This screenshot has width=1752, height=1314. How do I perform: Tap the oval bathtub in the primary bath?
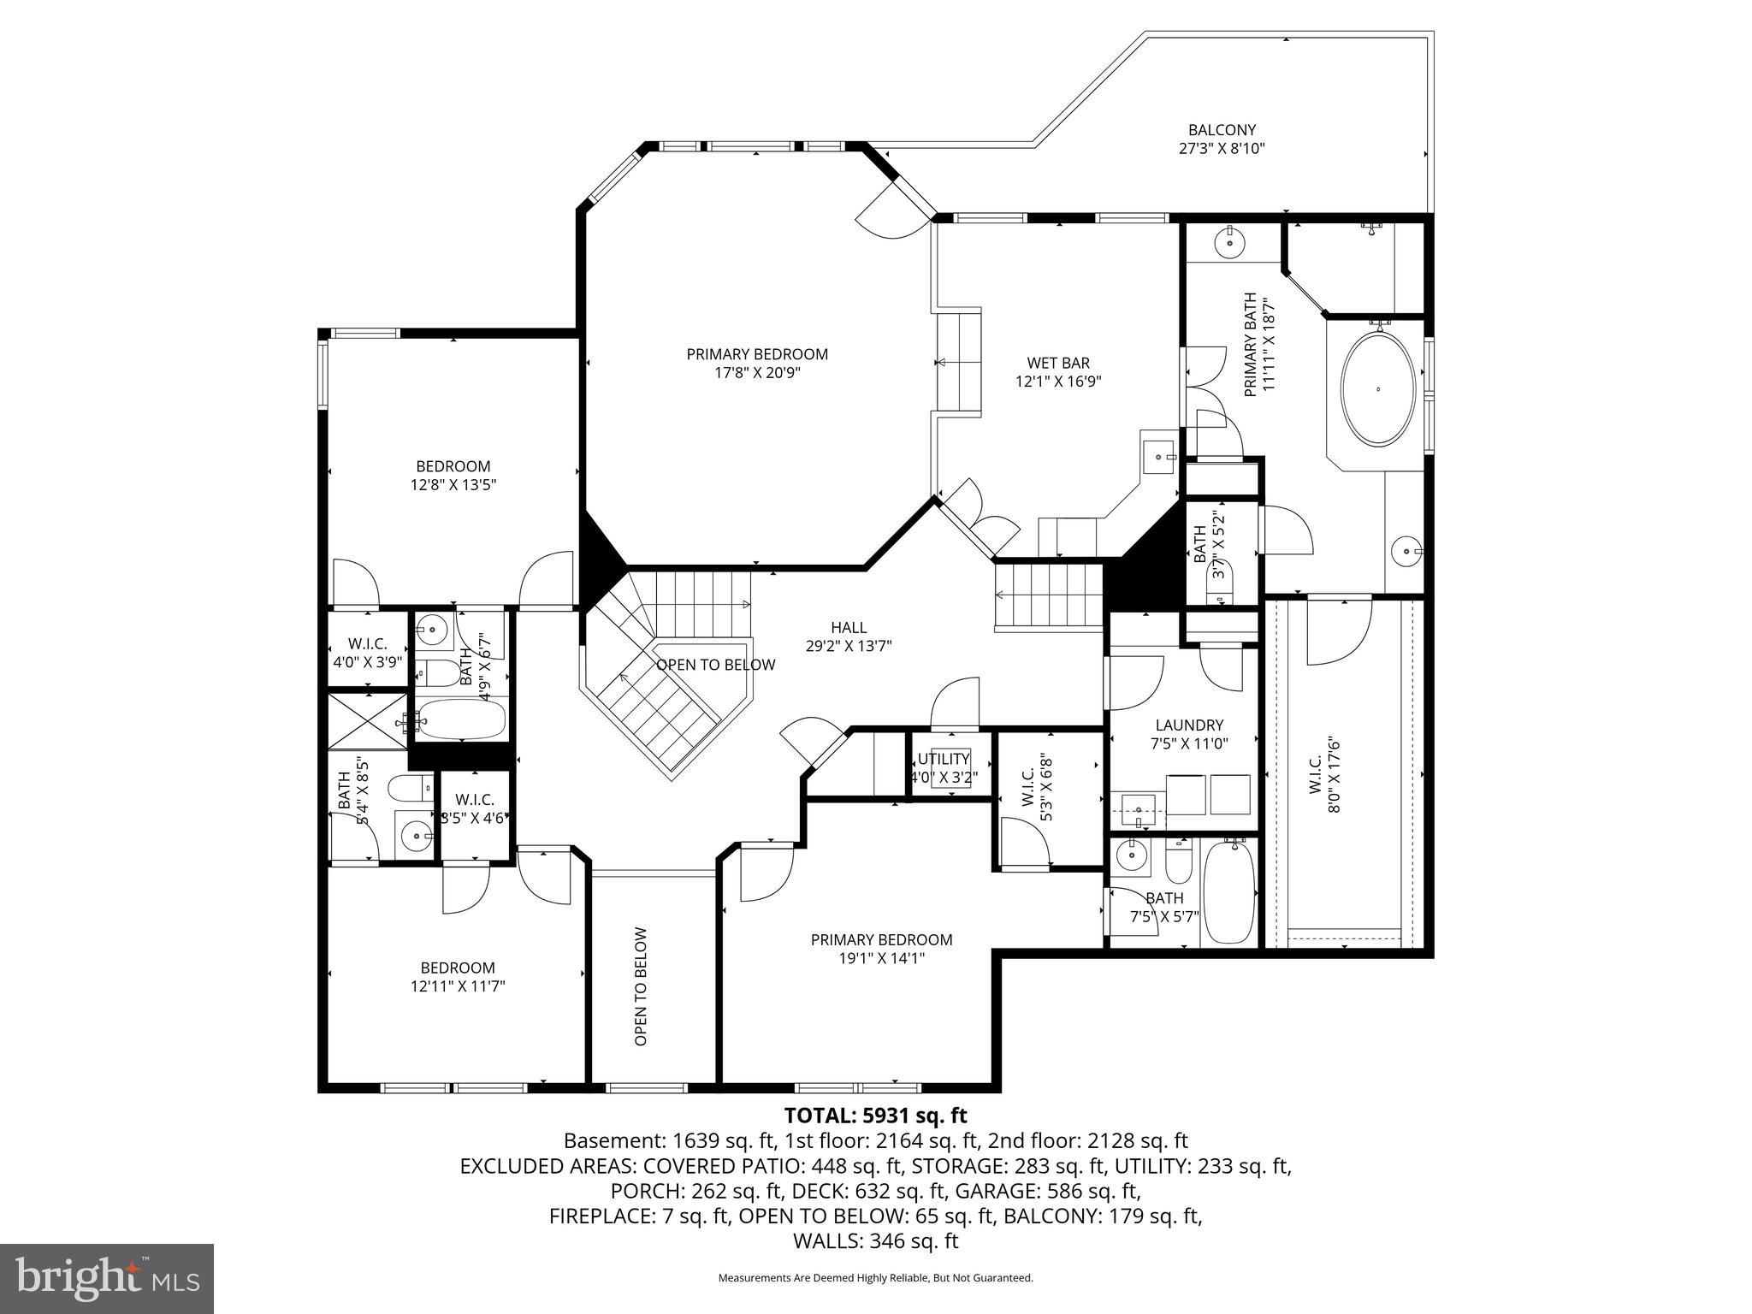point(1377,388)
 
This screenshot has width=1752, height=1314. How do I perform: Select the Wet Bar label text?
point(1058,364)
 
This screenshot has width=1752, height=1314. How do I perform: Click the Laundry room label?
point(1189,725)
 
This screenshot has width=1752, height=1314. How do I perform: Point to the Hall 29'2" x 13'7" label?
point(849,637)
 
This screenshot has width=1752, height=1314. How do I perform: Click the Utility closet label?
point(944,759)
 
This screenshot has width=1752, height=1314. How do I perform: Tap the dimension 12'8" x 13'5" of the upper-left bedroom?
point(453,485)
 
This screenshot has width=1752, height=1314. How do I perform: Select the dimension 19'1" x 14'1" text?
point(881,958)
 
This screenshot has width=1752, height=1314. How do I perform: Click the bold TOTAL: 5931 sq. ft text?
point(875,1116)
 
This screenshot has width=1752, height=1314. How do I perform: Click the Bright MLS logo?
point(107,1279)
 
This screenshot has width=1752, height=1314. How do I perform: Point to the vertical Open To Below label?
point(641,986)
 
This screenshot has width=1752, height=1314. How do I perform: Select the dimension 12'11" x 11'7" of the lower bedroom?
point(458,986)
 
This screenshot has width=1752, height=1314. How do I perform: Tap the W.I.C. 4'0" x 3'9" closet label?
point(368,653)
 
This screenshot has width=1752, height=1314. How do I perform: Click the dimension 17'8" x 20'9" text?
point(757,373)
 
